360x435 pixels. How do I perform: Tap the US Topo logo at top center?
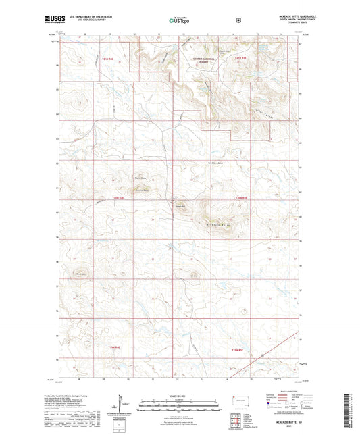pyautogui.click(x=179, y=20)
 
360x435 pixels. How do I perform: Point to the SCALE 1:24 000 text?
pyautogui.click(x=179, y=395)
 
